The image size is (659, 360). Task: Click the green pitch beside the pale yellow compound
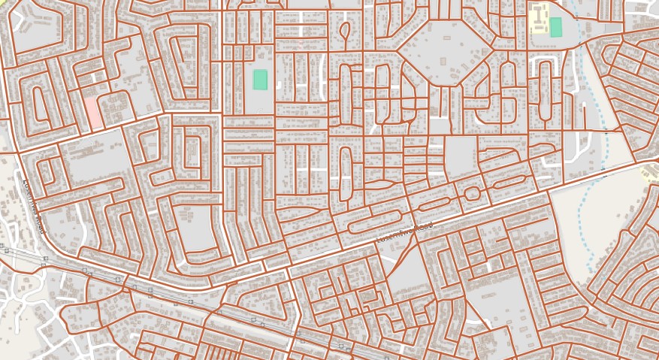click(x=556, y=27)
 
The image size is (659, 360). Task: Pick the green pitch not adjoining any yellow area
click(x=260, y=80)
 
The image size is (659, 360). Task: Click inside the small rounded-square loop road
click(x=472, y=193)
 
